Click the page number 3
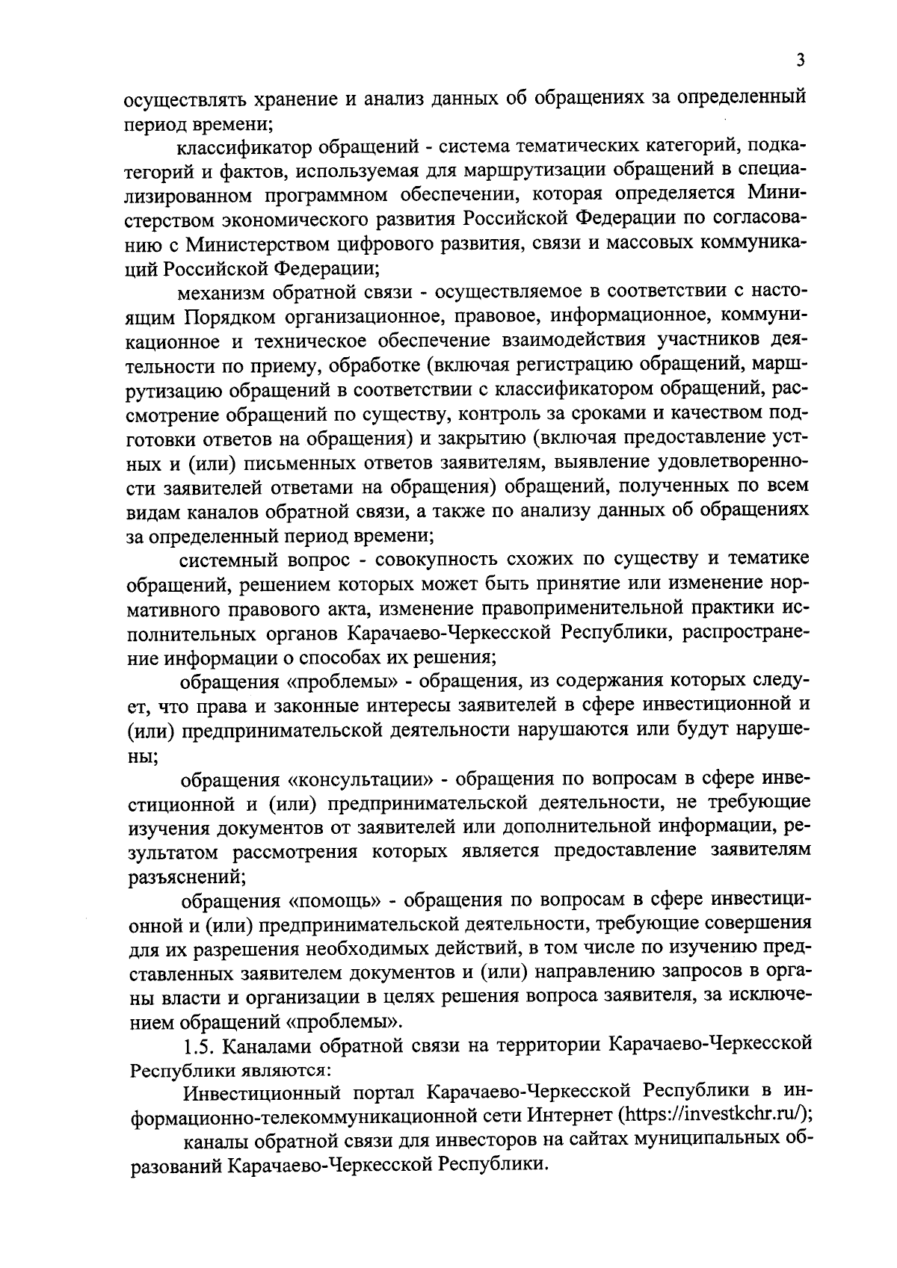click(801, 61)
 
